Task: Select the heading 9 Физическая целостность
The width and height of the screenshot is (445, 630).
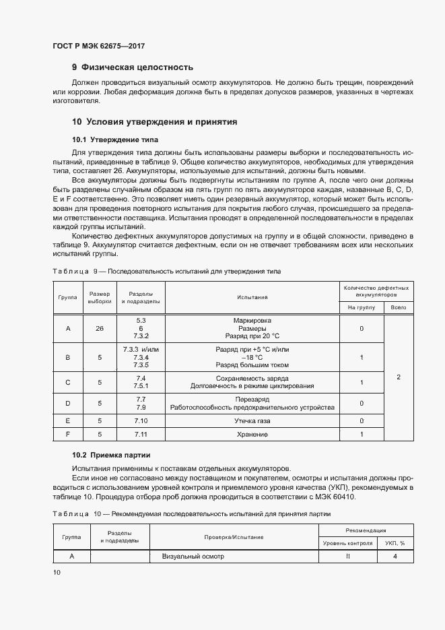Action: click(x=133, y=67)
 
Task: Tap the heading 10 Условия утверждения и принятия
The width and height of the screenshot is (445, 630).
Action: click(x=155, y=122)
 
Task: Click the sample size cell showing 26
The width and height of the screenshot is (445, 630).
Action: click(x=100, y=328)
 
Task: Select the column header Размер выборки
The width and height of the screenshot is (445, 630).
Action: click(x=100, y=297)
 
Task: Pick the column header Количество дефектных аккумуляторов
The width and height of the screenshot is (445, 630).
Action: click(x=376, y=290)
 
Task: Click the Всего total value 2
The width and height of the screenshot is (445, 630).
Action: click(x=398, y=377)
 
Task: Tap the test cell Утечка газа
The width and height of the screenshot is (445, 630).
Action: click(x=252, y=420)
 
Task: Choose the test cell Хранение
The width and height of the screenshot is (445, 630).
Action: click(x=252, y=435)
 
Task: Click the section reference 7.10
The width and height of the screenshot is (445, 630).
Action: click(x=141, y=420)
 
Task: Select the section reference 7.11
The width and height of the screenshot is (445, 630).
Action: click(x=141, y=435)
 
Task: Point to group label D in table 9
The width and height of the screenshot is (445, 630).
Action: click(x=68, y=404)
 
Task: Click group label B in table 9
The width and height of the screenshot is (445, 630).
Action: click(x=68, y=358)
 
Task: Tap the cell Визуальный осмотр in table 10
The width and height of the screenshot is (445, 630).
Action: click(x=193, y=557)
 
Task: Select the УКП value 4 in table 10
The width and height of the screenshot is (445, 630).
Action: click(x=395, y=557)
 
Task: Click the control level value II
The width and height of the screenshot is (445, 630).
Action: click(x=348, y=557)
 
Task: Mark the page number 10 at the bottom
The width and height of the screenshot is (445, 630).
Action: click(x=57, y=572)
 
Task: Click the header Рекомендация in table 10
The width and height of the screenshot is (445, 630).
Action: click(x=366, y=530)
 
